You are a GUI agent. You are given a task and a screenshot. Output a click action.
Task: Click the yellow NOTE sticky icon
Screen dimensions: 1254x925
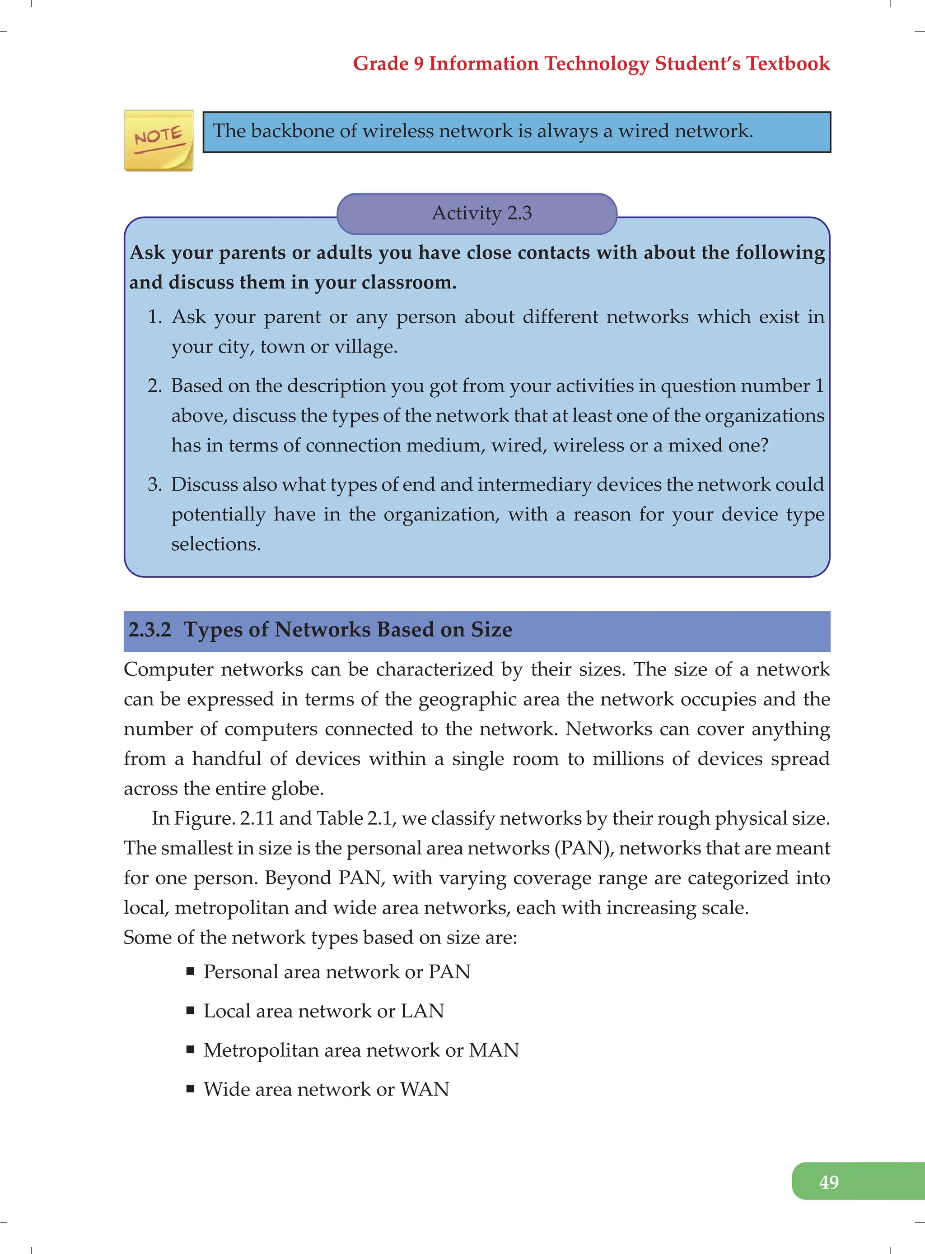[x=159, y=140]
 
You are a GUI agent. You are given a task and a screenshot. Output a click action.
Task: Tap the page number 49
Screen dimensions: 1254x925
[x=828, y=1182]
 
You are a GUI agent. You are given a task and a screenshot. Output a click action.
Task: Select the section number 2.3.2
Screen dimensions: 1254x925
[x=149, y=630]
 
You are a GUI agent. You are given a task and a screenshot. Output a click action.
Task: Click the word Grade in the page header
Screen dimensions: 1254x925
[x=381, y=64]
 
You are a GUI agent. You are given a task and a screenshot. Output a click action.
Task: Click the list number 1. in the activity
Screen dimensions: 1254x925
[x=154, y=317]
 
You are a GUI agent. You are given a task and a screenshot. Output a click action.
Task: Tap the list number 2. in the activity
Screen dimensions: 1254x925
[x=154, y=386]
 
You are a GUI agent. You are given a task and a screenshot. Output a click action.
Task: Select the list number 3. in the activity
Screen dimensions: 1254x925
[x=154, y=485]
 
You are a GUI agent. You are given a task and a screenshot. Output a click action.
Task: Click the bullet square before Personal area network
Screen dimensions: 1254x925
[x=191, y=971]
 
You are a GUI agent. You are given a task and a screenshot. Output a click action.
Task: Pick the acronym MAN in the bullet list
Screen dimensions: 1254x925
[x=494, y=1050]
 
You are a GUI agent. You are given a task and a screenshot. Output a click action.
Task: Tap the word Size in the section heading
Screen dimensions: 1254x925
[x=491, y=630]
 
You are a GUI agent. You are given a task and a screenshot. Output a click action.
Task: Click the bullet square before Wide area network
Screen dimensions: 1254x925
[x=191, y=1088]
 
